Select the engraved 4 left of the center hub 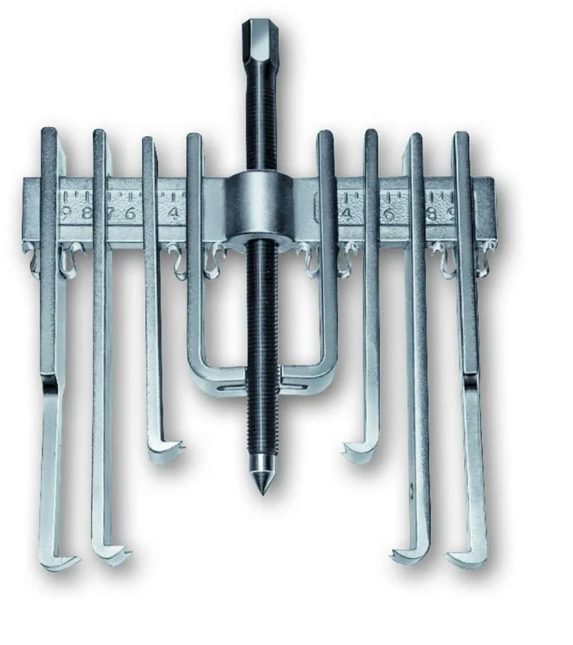click(x=174, y=214)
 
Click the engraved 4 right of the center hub click(x=346, y=214)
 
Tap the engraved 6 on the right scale click(x=388, y=214)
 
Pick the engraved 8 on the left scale click(x=85, y=213)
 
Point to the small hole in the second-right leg click(x=411, y=488)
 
